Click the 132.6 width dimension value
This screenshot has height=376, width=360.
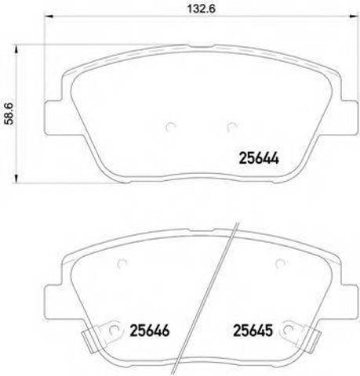[201, 9]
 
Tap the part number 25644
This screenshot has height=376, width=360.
[259, 158]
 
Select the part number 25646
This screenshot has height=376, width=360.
[150, 331]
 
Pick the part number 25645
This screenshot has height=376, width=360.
[253, 331]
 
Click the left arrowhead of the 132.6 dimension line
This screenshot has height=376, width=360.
[49, 16]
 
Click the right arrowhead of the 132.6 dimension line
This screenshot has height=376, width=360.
[353, 16]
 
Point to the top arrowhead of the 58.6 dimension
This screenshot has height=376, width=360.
[16, 49]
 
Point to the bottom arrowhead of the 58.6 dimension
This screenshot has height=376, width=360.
[16, 179]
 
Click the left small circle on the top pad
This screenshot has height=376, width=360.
[171, 127]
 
